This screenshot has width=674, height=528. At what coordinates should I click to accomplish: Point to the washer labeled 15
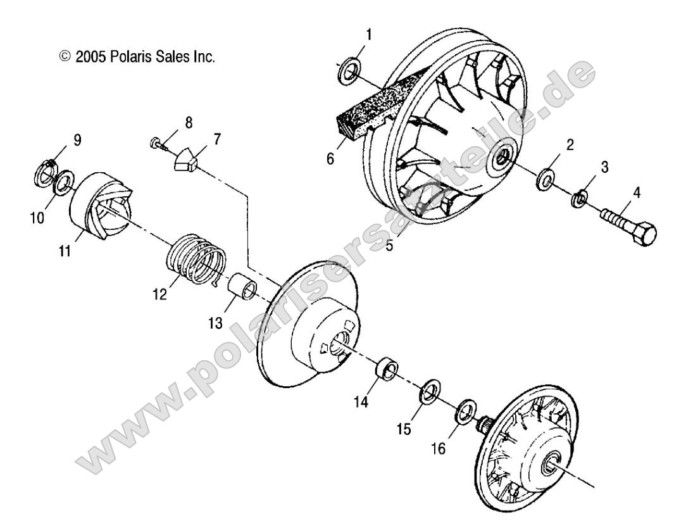430,391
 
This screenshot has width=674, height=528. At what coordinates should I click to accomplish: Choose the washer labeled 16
465,412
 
